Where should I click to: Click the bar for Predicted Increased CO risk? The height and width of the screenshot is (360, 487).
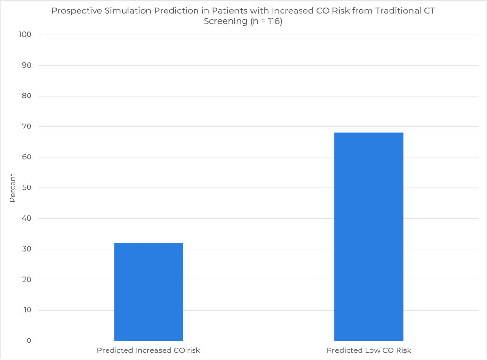[x=148, y=292]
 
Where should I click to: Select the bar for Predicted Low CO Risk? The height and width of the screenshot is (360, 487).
[x=369, y=236]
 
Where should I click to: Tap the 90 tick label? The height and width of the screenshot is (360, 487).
[x=27, y=65]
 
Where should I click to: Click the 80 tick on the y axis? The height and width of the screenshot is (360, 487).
[x=27, y=96]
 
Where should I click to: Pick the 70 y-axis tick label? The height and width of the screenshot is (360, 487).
[x=27, y=126]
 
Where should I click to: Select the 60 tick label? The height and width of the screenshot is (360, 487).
[x=27, y=157]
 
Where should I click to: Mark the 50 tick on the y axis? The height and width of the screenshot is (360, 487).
[x=27, y=188]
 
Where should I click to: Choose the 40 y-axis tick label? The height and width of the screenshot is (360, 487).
[x=27, y=219]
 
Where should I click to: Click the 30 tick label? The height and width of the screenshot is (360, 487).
[x=27, y=249]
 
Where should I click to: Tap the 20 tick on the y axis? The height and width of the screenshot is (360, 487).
[x=27, y=280]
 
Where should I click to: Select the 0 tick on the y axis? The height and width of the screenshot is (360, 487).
[x=29, y=341]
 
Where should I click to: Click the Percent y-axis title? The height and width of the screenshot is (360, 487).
[x=13, y=188]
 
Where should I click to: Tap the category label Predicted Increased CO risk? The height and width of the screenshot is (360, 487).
[x=148, y=350]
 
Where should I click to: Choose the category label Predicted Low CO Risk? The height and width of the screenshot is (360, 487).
[x=369, y=350]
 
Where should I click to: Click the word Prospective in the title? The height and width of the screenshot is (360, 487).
[x=75, y=10]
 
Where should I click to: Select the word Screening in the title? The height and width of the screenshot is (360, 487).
[x=224, y=21]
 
